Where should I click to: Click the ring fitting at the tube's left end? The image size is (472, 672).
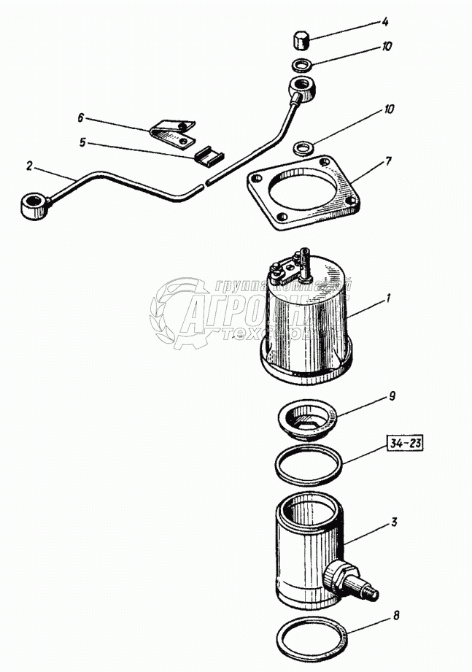coord(34,206)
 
